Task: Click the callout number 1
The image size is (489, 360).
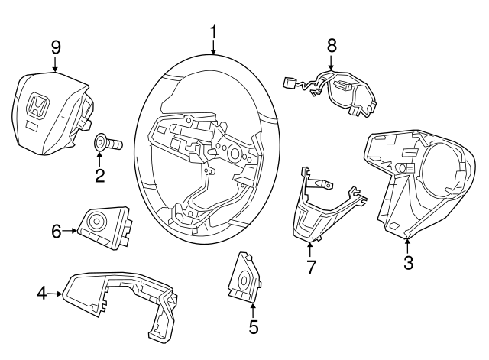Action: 213,31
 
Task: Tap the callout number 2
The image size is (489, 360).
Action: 99,177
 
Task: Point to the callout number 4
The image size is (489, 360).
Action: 41,292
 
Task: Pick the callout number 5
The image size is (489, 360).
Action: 253,327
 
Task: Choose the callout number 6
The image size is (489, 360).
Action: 56,229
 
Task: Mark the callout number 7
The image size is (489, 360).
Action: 311,266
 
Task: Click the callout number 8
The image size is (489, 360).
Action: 332,45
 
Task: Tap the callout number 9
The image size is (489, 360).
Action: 56,47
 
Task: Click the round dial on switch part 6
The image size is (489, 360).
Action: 97,222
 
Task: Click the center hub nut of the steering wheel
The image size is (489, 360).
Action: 232,151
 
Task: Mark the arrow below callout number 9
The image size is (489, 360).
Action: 56,67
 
